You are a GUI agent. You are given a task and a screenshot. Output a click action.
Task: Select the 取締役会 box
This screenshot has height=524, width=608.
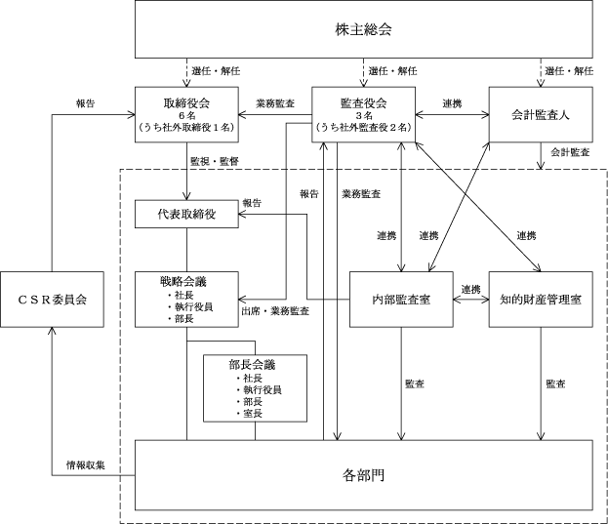187,114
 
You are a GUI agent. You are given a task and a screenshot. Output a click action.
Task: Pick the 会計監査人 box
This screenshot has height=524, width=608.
541,114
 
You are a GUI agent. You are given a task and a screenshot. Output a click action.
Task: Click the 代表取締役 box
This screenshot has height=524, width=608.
187,214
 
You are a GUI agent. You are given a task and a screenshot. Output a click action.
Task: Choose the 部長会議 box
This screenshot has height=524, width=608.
255,386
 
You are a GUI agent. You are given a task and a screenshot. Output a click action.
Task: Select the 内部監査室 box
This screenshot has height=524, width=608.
403,299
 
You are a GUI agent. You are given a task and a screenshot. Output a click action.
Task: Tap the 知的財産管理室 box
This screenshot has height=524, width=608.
541,299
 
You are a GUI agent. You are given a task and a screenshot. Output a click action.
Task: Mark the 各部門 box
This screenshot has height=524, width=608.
363,475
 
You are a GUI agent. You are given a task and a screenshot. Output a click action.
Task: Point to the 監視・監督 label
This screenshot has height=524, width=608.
213,159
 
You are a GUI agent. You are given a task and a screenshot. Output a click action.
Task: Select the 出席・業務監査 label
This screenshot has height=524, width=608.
275,310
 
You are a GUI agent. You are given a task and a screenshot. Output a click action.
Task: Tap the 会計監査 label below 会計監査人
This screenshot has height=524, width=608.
569,153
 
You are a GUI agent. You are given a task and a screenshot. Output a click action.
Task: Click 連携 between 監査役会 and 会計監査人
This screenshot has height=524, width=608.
453,102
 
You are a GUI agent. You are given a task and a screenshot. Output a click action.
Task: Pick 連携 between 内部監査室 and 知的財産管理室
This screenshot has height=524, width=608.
471,289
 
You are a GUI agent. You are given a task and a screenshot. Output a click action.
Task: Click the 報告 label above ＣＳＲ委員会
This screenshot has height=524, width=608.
85,102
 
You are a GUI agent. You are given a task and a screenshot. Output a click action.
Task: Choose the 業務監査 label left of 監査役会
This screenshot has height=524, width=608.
275,102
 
